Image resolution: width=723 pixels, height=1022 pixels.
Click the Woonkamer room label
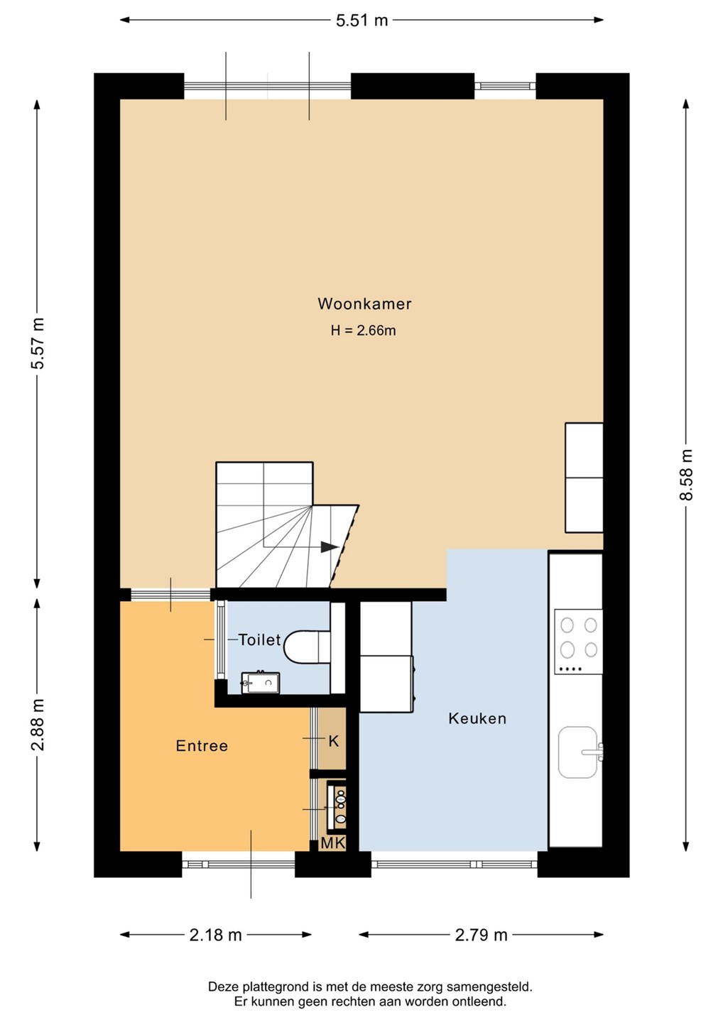(x=364, y=304)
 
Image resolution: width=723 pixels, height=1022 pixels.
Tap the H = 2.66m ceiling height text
(x=364, y=330)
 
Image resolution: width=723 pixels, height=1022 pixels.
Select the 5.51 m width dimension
(x=362, y=21)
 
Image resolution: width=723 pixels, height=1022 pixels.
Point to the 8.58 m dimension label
(x=685, y=475)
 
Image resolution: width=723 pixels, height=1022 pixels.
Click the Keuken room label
(x=477, y=718)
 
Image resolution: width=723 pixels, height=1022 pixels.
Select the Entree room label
(x=202, y=746)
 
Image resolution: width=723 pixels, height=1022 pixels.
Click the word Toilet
(x=259, y=640)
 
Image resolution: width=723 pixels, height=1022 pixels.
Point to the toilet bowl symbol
(x=307, y=647)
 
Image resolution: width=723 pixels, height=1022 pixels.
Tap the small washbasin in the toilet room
(x=260, y=682)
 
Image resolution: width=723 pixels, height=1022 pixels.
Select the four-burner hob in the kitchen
(x=578, y=642)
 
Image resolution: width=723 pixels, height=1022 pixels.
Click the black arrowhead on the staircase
(x=329, y=547)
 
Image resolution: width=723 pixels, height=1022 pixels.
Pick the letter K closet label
(x=334, y=742)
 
